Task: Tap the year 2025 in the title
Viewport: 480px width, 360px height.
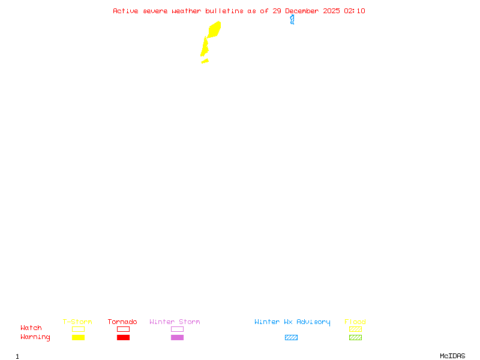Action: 331,11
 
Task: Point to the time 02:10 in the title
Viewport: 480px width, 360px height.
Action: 355,11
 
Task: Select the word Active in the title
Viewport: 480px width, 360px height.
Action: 125,11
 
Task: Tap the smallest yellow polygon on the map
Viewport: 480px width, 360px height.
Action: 205,61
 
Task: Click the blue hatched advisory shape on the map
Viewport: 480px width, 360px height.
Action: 292,20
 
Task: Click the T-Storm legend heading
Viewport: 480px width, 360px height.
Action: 77,322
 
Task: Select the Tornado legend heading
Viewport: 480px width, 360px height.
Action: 122,322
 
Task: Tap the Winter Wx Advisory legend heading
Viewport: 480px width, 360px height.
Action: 292,322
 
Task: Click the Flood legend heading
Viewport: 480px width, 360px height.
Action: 355,322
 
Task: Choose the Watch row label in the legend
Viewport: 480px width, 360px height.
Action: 31,328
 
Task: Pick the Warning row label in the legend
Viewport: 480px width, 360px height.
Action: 35,337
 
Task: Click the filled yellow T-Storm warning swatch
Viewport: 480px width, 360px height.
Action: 78,338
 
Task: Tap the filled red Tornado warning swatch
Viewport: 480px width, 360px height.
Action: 123,338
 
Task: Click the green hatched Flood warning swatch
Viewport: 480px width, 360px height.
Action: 355,338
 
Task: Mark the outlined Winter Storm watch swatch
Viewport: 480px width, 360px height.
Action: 177,329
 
